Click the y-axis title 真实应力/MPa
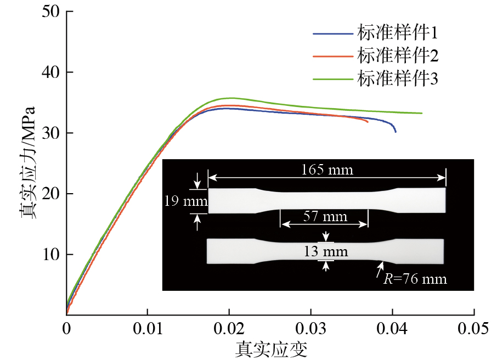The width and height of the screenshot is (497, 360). point(28,163)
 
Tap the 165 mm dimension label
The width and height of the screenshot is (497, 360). point(327,169)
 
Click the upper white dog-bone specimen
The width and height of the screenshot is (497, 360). point(327,200)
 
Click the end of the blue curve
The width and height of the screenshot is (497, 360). point(395,132)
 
